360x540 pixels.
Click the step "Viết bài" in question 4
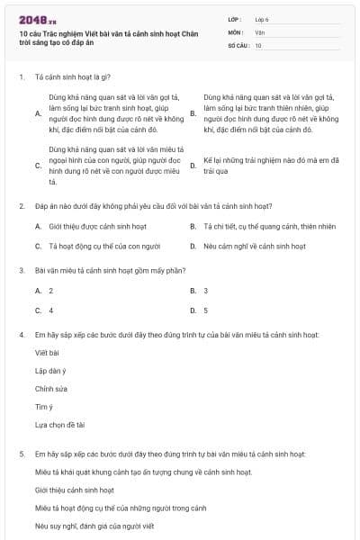(x=47, y=353)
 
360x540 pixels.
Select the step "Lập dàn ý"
(x=51, y=371)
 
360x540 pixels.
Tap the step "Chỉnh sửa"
(x=51, y=389)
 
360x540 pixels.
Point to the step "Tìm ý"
(x=44, y=407)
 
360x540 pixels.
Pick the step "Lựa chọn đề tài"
(x=59, y=425)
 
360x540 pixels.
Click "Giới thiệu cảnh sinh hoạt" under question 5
(x=75, y=490)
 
